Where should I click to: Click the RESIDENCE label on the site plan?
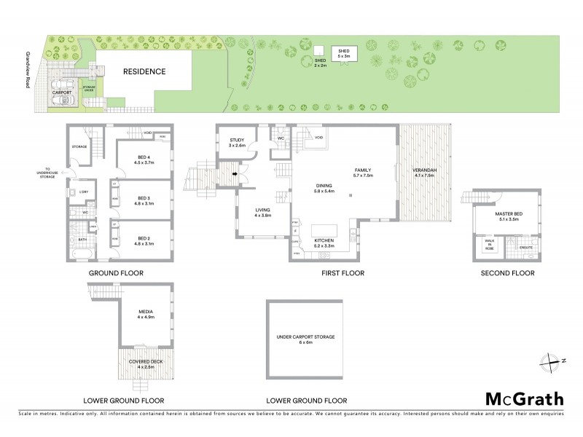pos(144,71)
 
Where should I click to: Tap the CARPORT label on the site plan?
pos(60,93)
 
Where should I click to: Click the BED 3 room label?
pos(144,197)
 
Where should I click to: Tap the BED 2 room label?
pos(144,237)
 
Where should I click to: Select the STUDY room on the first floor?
pos(237,143)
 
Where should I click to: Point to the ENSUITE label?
pos(525,248)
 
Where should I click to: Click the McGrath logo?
pos(525,398)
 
